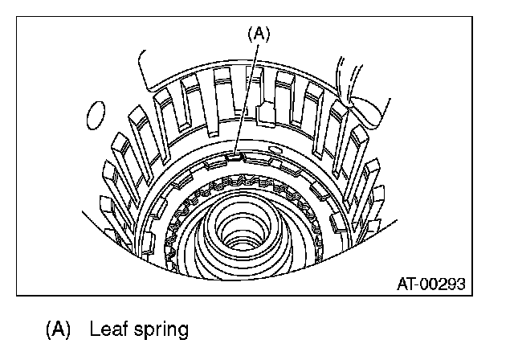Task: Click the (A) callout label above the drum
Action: (x=259, y=35)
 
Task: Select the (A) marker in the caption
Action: (x=59, y=329)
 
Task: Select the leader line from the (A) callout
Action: (x=245, y=96)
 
